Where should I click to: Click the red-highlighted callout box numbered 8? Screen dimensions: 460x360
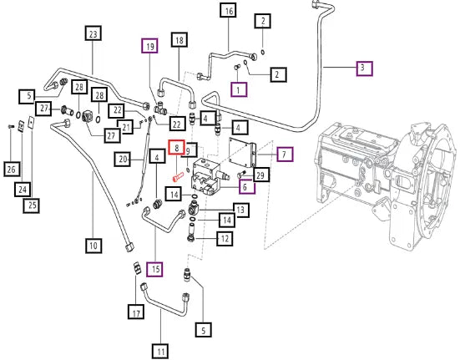[176, 147]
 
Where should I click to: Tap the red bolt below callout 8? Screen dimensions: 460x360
[178, 177]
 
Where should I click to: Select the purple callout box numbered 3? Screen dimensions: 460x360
[364, 68]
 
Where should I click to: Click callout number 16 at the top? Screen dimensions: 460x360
[229, 11]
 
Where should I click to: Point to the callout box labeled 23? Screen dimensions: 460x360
[93, 33]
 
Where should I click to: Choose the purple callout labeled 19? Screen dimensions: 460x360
[150, 46]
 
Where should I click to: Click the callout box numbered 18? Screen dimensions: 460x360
[179, 39]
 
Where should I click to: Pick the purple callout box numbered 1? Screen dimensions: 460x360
[238, 89]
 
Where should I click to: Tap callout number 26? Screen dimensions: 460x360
[12, 169]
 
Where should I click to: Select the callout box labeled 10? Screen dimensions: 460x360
[94, 246]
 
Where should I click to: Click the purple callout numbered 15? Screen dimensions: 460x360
[155, 269]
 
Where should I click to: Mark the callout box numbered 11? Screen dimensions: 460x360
[160, 351]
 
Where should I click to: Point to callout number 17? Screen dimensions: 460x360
[136, 312]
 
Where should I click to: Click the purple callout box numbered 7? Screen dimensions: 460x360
[285, 154]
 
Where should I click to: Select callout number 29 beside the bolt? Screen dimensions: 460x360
[260, 175]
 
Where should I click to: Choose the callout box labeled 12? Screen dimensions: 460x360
[225, 238]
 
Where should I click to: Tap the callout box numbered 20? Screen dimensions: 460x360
[123, 159]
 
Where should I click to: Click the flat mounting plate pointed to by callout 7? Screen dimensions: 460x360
[243, 153]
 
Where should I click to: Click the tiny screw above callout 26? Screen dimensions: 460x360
[11, 126]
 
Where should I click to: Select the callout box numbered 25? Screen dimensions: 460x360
[32, 205]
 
